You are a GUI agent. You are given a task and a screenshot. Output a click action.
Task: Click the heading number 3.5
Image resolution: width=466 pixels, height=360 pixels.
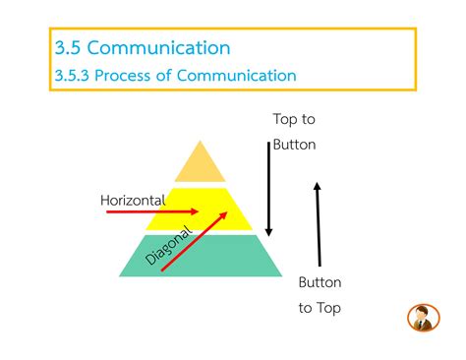coord(71,47)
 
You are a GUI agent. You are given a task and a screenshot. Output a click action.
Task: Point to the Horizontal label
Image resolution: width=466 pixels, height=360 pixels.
coord(133,201)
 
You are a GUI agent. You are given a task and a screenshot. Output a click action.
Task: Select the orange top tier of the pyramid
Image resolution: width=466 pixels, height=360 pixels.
coord(201,163)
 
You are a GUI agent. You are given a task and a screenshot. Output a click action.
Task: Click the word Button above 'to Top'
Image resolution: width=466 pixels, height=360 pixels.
coord(320,282)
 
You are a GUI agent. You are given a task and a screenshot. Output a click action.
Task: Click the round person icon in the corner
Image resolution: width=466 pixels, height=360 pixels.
coord(423,318)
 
